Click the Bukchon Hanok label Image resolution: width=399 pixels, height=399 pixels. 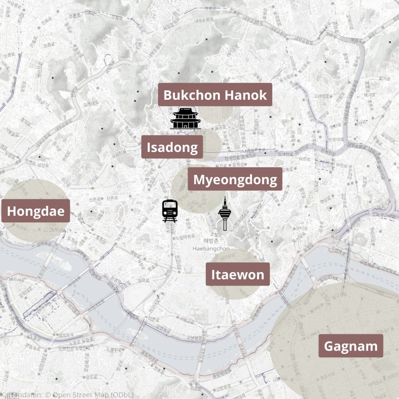(x=215, y=95)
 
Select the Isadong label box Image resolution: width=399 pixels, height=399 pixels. (x=172, y=147)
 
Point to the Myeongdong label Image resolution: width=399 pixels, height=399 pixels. (x=235, y=180)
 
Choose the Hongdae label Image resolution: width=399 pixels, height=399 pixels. (x=35, y=211)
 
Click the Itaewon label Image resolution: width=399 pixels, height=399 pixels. (x=237, y=274)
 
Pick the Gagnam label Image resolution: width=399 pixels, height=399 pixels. (x=350, y=346)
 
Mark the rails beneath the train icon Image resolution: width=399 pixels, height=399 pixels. (x=169, y=220)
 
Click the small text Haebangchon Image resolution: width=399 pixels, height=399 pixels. (x=211, y=248)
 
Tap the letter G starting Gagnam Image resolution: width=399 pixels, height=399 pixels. (x=328, y=346)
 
